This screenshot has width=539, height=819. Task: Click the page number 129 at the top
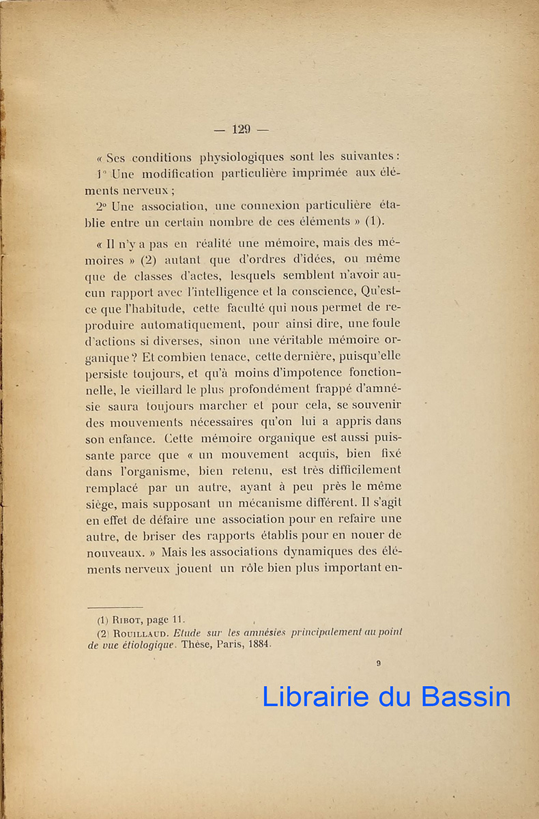pos(242,129)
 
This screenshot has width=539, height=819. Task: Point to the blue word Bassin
pos(466,696)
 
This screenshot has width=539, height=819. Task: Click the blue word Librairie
pos(315,696)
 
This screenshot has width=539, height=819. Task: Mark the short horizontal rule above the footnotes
pos(115,607)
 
